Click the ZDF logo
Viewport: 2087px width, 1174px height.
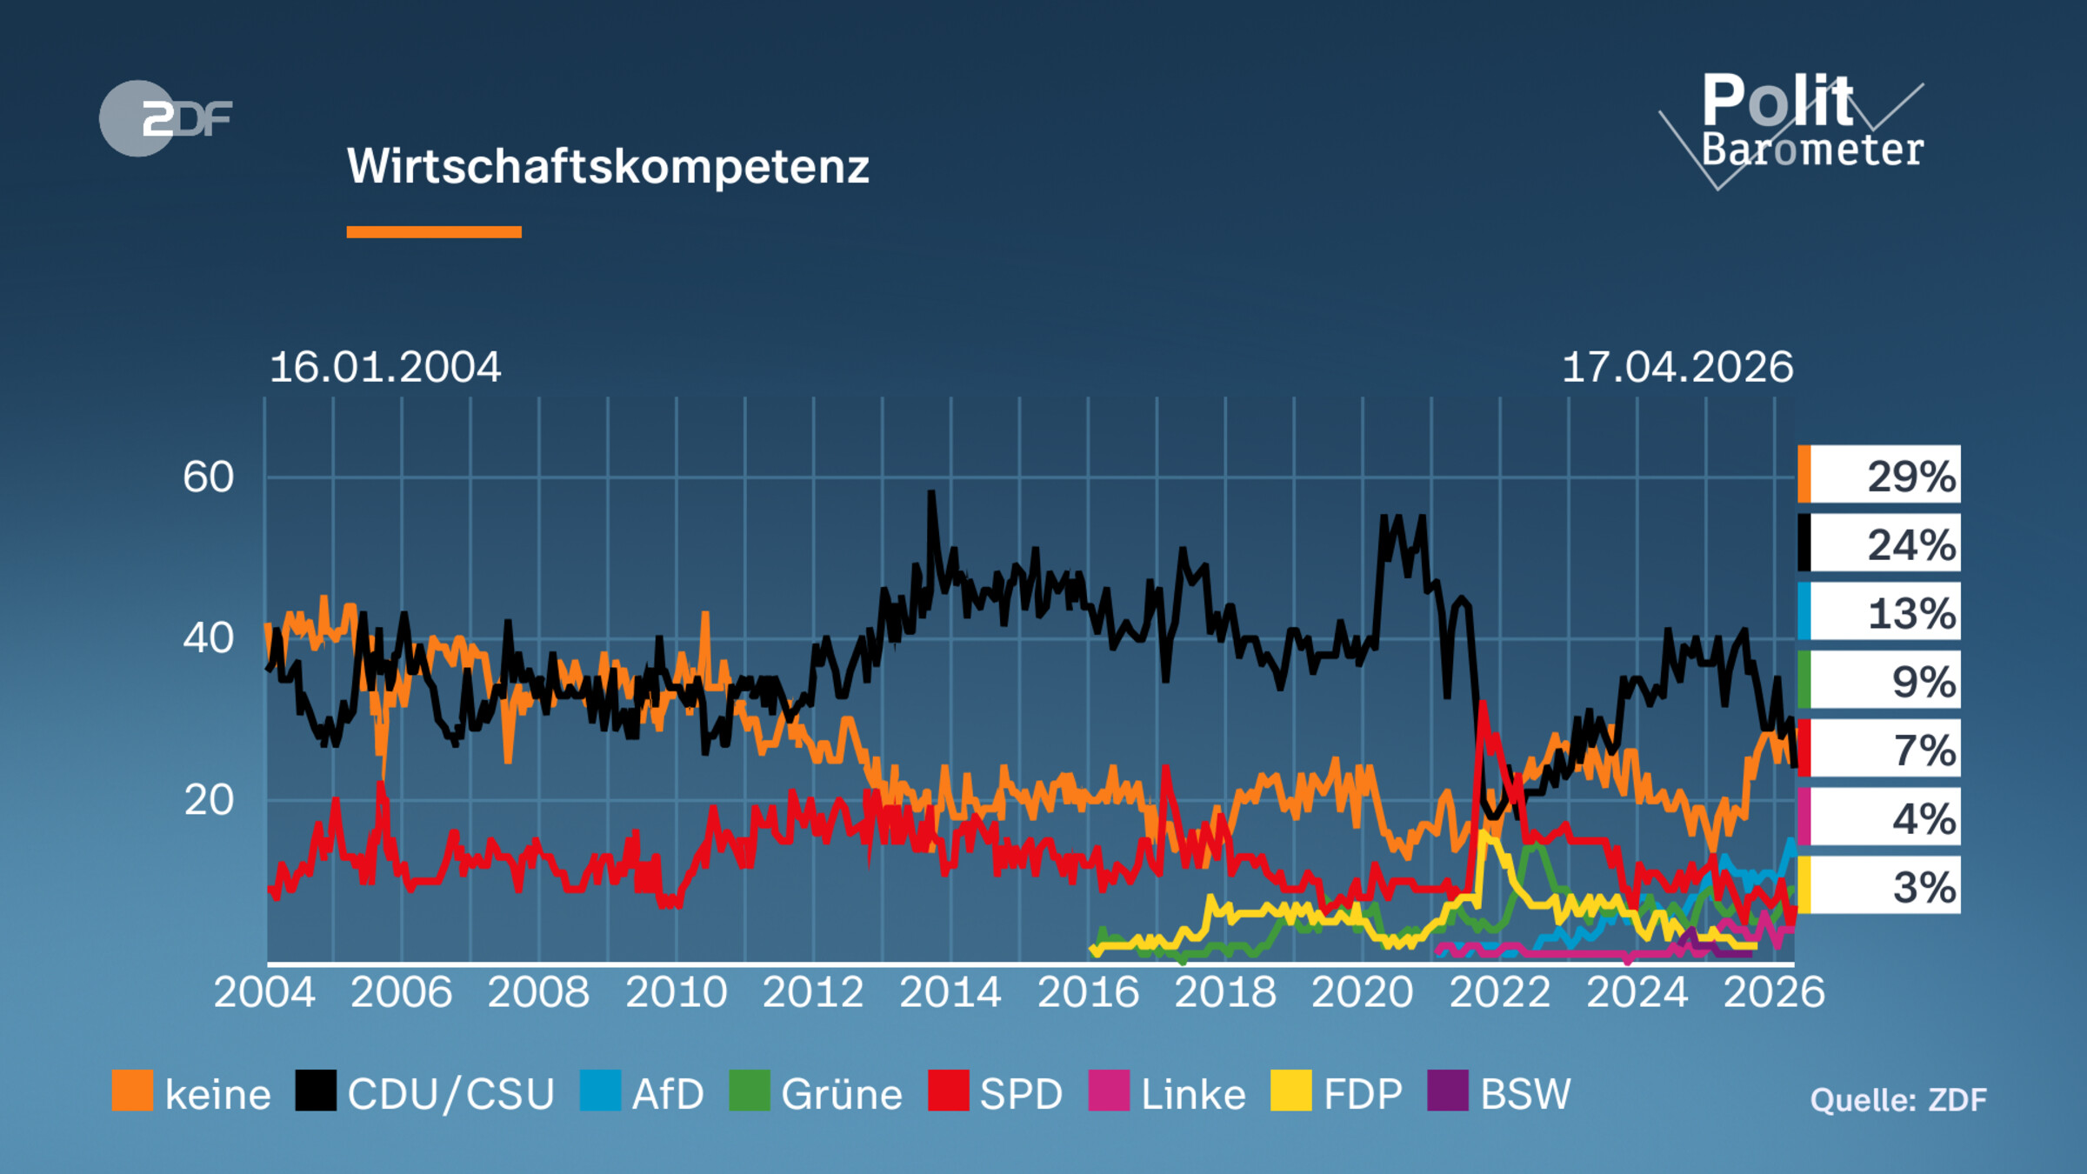pyautogui.click(x=165, y=118)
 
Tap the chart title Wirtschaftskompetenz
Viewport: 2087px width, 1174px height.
pyautogui.click(x=608, y=166)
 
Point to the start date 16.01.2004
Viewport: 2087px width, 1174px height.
pyautogui.click(x=385, y=367)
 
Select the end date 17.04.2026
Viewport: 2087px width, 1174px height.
pyautogui.click(x=1677, y=367)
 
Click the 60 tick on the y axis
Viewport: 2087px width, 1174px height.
pyautogui.click(x=209, y=477)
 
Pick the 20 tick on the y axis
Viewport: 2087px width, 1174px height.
pyautogui.click(x=209, y=800)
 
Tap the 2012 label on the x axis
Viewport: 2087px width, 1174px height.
pyautogui.click(x=813, y=992)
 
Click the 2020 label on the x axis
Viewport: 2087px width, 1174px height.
pyautogui.click(x=1362, y=992)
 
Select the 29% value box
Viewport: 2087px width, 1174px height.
pyautogui.click(x=1880, y=475)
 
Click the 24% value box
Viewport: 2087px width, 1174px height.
pyautogui.click(x=1880, y=544)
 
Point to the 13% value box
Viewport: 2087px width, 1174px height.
pyautogui.click(x=1880, y=612)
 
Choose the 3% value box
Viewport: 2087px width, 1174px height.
pyautogui.click(x=1880, y=886)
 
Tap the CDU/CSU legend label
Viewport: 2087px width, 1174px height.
pyautogui.click(x=450, y=1094)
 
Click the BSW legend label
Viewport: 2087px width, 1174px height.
pyautogui.click(x=1525, y=1094)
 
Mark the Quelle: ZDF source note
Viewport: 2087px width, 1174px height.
pyautogui.click(x=1898, y=1100)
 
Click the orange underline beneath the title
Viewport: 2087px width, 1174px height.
pyautogui.click(x=434, y=232)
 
